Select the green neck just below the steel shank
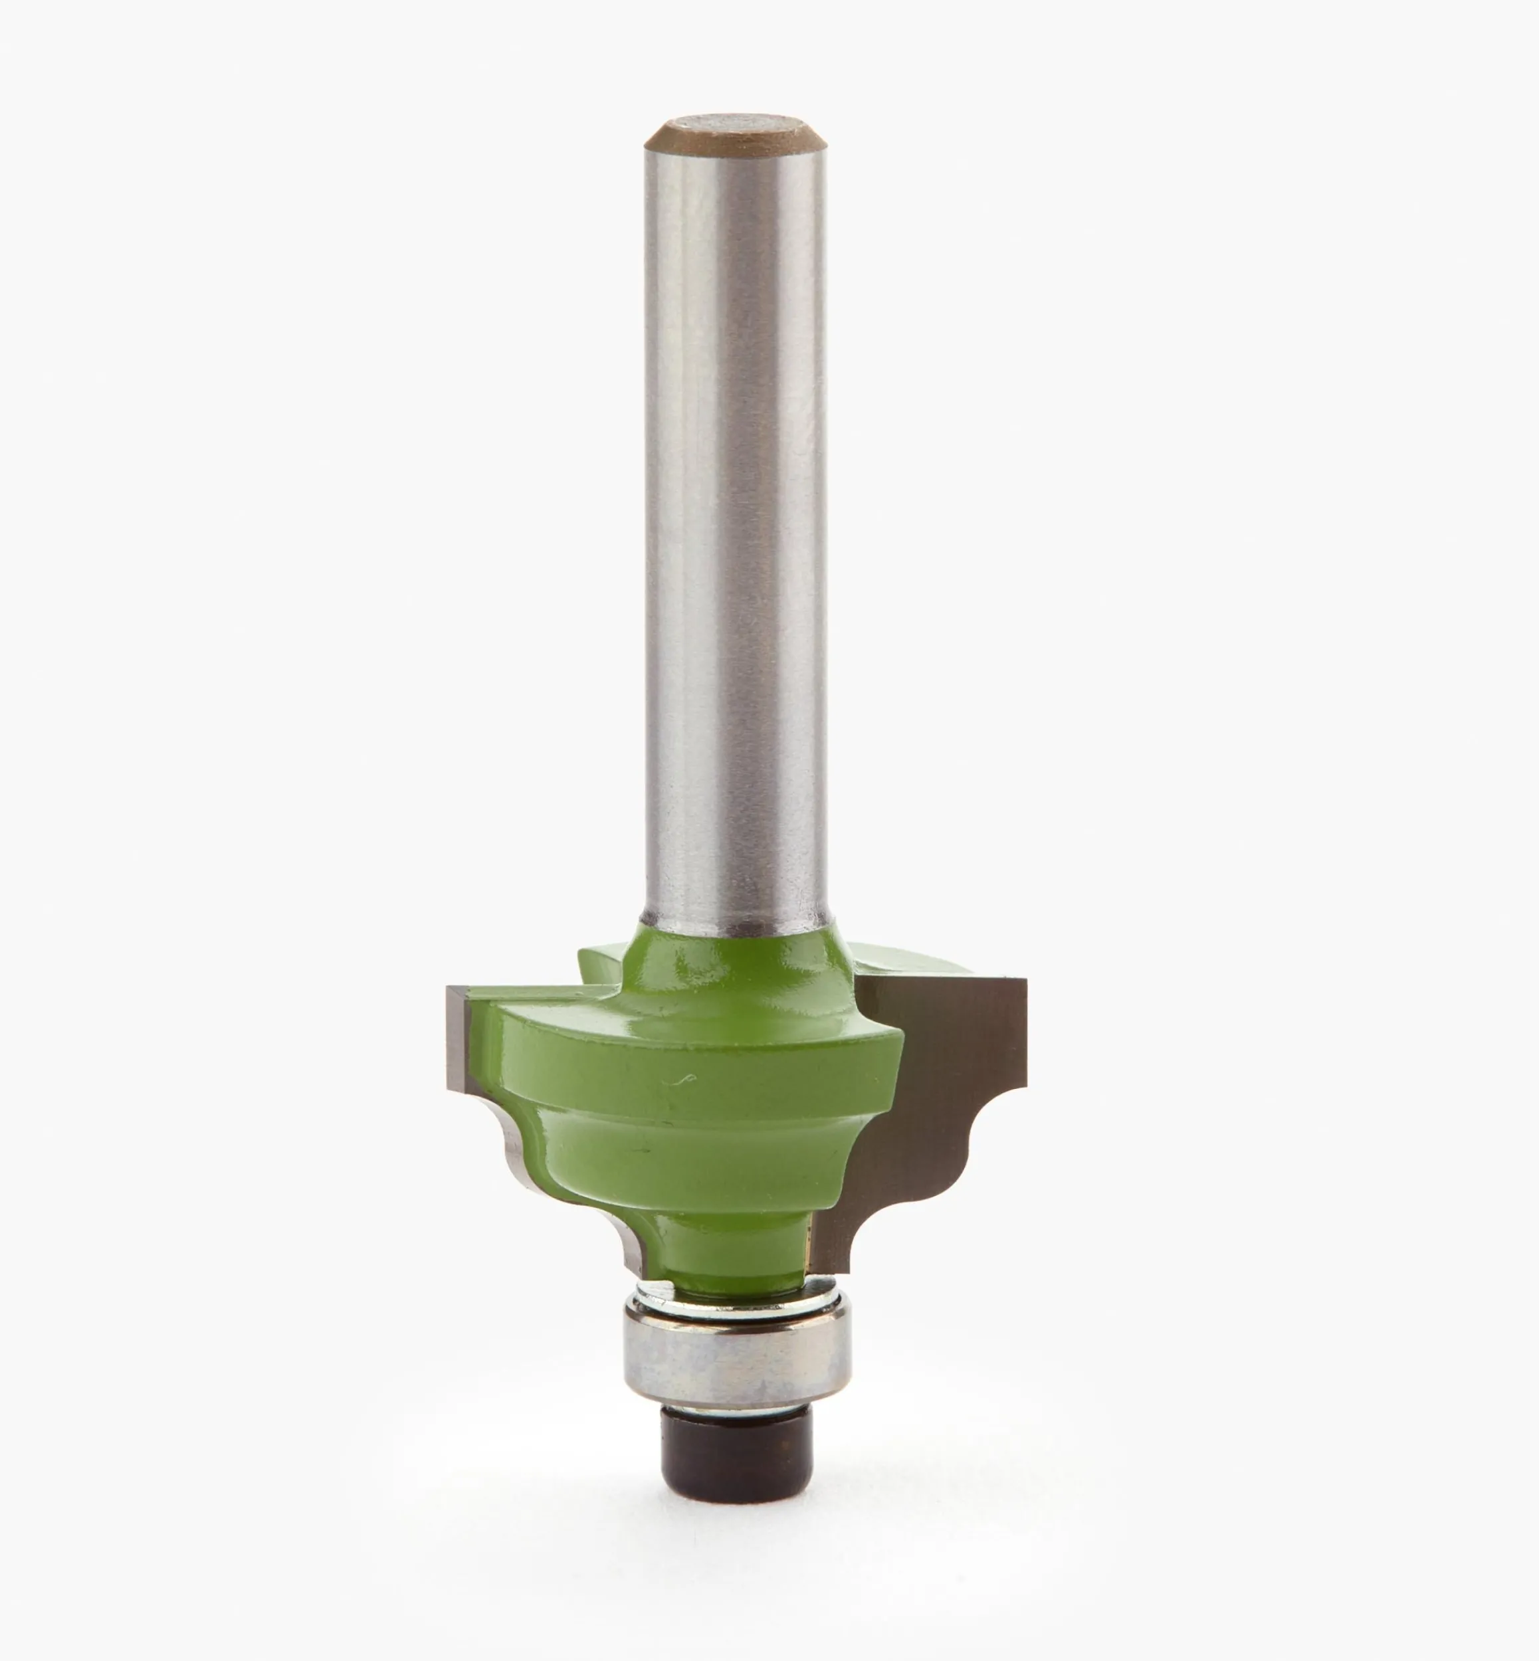coord(737,957)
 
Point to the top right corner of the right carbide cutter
coord(1024,983)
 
